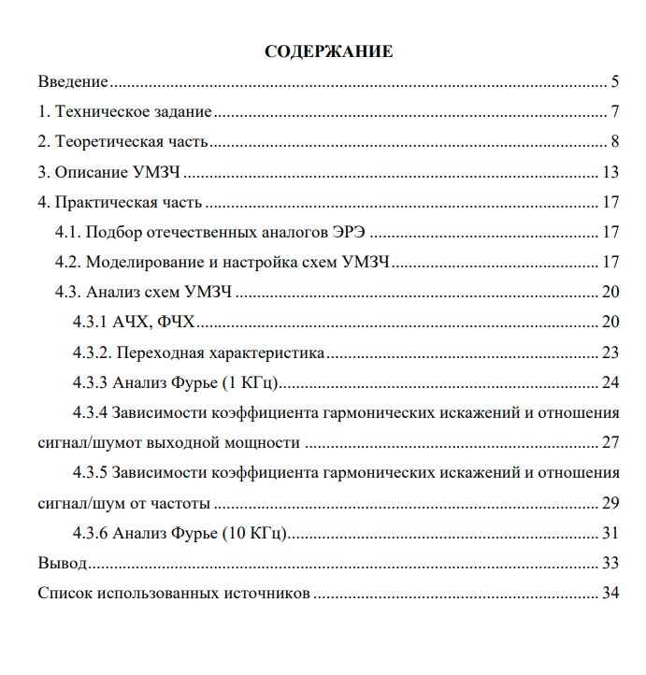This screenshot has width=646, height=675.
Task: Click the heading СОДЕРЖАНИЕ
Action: pyautogui.click(x=329, y=52)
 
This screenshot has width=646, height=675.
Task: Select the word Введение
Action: pyautogui.click(x=73, y=83)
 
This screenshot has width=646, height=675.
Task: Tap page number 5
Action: pyautogui.click(x=615, y=83)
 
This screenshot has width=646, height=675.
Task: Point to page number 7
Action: pyautogui.click(x=615, y=113)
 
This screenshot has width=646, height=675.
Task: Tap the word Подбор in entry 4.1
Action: pyautogui.click(x=114, y=233)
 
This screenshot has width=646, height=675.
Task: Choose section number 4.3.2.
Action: pyautogui.click(x=94, y=353)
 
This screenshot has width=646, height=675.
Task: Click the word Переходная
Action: pyautogui.click(x=158, y=353)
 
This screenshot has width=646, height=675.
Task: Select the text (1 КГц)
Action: pyautogui.click(x=251, y=383)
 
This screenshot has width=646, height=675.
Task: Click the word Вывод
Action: pyautogui.click(x=62, y=564)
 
